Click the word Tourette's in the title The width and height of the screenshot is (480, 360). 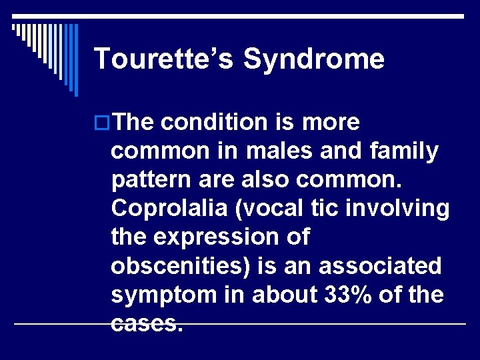tap(164, 59)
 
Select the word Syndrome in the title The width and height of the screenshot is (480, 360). tap(314, 59)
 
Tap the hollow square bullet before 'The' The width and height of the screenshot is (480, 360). tap(102, 123)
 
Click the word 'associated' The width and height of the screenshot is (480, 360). tap(380, 266)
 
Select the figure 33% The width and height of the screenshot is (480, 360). tap(343, 295)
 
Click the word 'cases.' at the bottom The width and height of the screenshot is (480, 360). tap(147, 323)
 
